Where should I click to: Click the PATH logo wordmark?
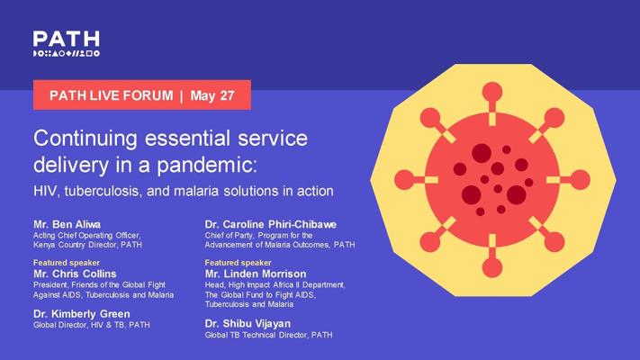click(66, 39)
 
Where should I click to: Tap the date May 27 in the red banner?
click(212, 95)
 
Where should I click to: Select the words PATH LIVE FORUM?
click(111, 95)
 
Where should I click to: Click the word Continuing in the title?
click(86, 139)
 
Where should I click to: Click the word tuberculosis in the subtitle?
click(104, 191)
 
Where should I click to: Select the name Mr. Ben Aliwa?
click(67, 224)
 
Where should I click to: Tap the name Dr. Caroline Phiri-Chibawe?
click(271, 224)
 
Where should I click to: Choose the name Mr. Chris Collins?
click(75, 274)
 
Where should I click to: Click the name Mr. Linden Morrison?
click(256, 274)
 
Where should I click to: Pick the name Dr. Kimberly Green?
click(82, 314)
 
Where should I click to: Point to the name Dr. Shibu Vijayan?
click(248, 324)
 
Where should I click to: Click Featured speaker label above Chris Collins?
click(67, 263)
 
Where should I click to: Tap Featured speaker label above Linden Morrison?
click(238, 263)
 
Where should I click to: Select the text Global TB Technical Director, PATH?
click(268, 335)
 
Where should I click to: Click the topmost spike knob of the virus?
click(492, 92)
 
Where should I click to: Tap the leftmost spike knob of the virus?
click(404, 180)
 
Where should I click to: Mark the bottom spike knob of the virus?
click(492, 268)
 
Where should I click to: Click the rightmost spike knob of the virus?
click(580, 180)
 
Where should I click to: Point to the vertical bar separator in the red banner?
click(181, 96)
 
